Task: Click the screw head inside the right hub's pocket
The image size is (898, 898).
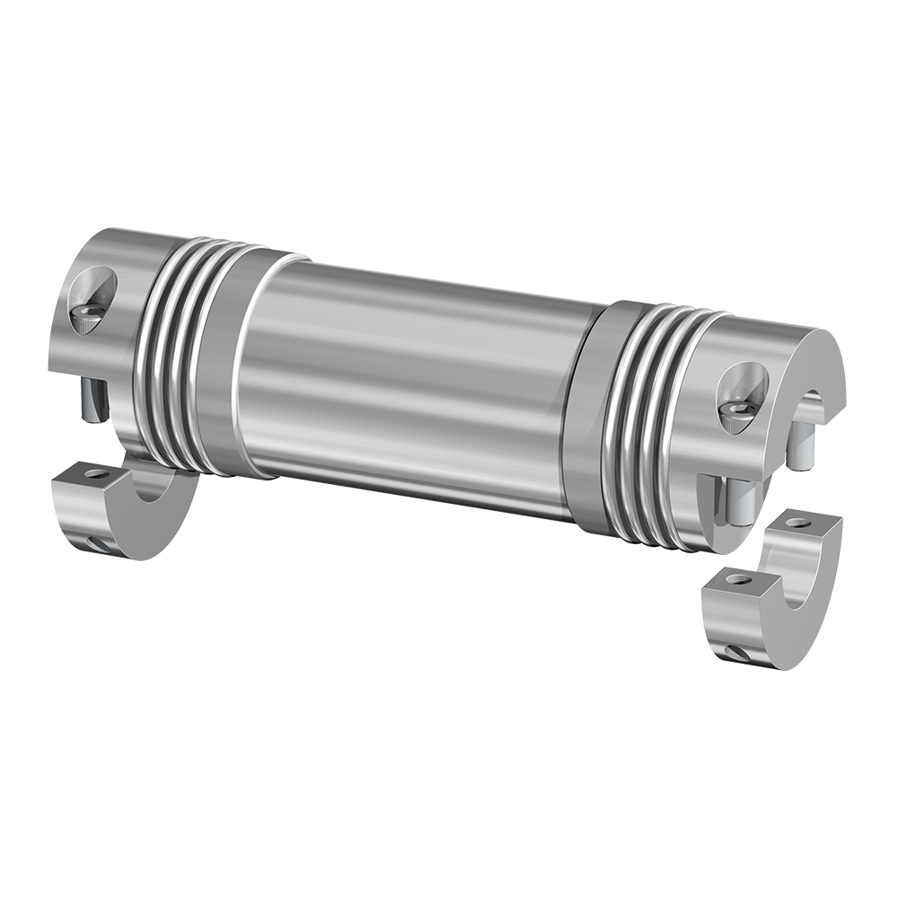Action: (x=737, y=409)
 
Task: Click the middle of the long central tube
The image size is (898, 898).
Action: (x=404, y=377)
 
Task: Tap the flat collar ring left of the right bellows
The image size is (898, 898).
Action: (x=585, y=409)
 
